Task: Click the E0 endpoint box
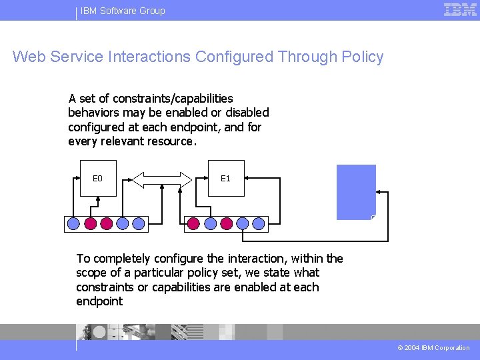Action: [x=98, y=178]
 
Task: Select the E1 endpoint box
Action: [x=226, y=178]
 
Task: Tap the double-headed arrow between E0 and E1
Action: [x=162, y=179]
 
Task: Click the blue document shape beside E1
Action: [x=356, y=192]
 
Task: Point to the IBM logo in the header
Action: [x=460, y=9]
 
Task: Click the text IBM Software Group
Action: [x=123, y=11]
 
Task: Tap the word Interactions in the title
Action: [x=147, y=57]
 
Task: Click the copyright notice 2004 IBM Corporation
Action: [x=434, y=347]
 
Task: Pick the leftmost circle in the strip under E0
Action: [x=74, y=224]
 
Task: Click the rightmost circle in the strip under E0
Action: [x=138, y=224]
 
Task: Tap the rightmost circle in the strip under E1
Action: [x=259, y=224]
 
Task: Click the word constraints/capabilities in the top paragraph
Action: [x=173, y=99]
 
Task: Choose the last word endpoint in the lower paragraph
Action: [x=99, y=301]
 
